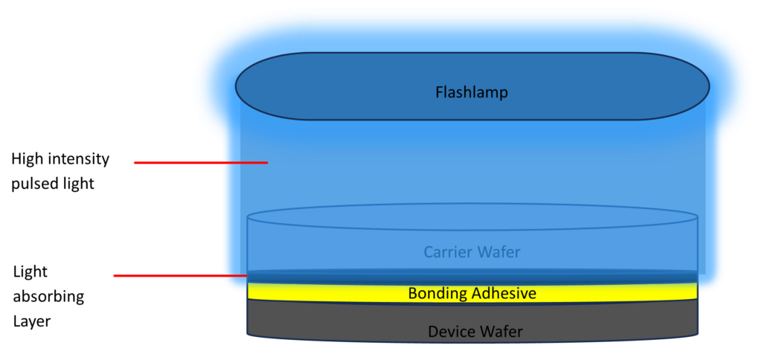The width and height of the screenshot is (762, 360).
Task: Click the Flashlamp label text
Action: coord(471,93)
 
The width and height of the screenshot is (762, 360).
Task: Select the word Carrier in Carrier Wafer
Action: coord(448,252)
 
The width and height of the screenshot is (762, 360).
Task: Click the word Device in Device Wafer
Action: coord(451,332)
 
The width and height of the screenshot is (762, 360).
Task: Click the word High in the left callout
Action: coord(26,159)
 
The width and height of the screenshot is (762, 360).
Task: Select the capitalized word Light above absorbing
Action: coord(31,272)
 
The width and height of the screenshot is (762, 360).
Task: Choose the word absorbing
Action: coord(48,297)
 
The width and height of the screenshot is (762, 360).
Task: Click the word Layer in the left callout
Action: coord(31,321)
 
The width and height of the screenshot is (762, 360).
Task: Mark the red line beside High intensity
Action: coord(200,161)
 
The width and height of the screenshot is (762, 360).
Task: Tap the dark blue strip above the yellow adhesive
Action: coord(472,277)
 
